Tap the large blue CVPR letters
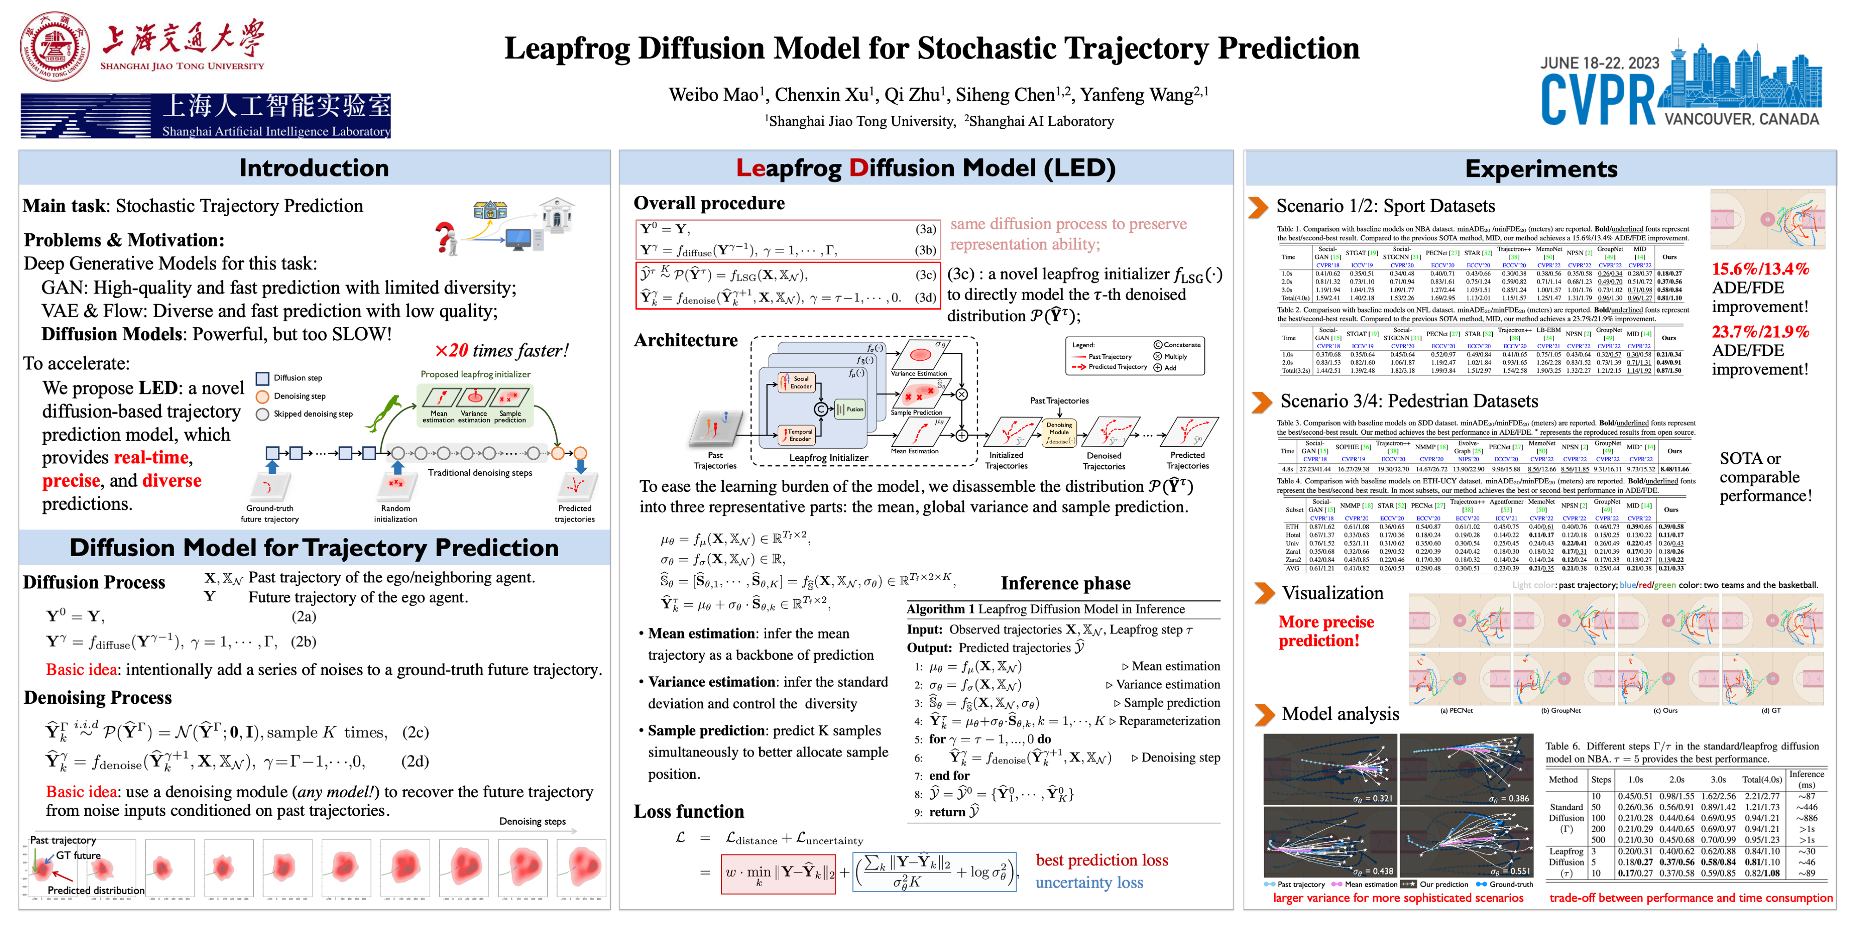point(1597,100)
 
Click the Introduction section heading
point(314,168)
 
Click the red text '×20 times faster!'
point(501,351)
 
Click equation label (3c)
point(925,275)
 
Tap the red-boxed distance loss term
point(778,873)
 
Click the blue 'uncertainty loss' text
point(1089,883)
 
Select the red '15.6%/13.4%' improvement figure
point(1759,269)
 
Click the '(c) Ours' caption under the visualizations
point(1665,710)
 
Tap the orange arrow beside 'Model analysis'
point(1264,714)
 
